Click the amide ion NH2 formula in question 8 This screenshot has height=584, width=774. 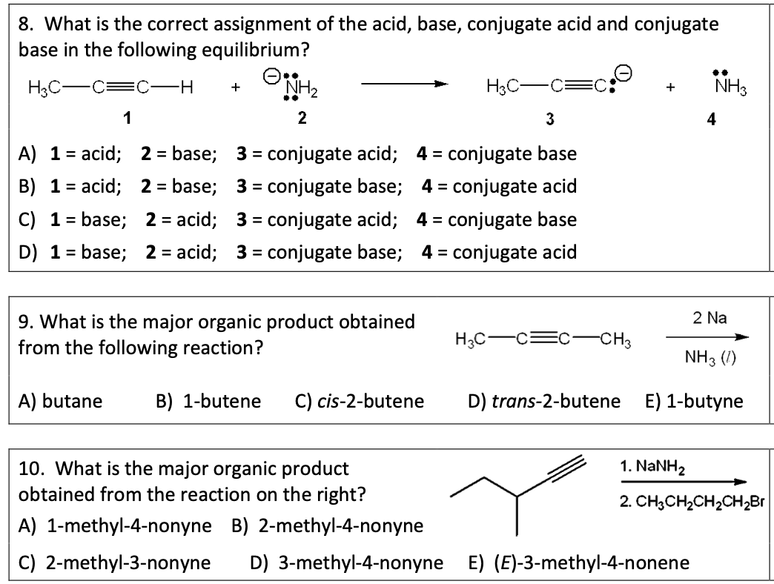(x=302, y=89)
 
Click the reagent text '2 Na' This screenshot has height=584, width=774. (x=710, y=318)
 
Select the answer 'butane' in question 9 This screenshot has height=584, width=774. (x=72, y=401)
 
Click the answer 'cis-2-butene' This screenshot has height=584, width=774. (x=370, y=401)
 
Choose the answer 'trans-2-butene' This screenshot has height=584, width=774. (x=555, y=401)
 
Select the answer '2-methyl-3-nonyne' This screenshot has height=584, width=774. (x=128, y=563)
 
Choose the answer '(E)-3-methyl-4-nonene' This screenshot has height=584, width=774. (x=591, y=563)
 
